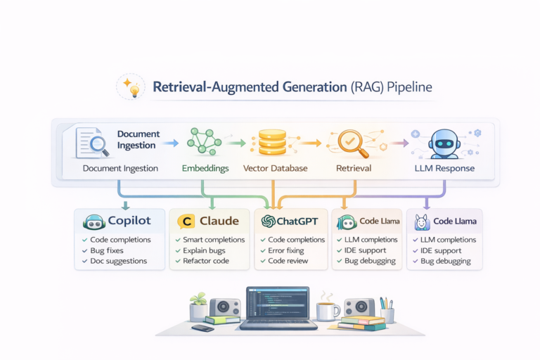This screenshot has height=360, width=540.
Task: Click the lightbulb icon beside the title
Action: click(x=131, y=88)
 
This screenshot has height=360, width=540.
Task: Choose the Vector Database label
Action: click(x=276, y=169)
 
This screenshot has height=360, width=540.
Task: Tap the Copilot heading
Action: click(x=130, y=221)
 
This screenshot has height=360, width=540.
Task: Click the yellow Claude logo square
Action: click(x=186, y=221)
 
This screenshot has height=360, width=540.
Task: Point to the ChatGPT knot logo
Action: click(x=267, y=221)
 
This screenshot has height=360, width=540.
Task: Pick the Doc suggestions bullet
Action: click(x=119, y=261)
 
